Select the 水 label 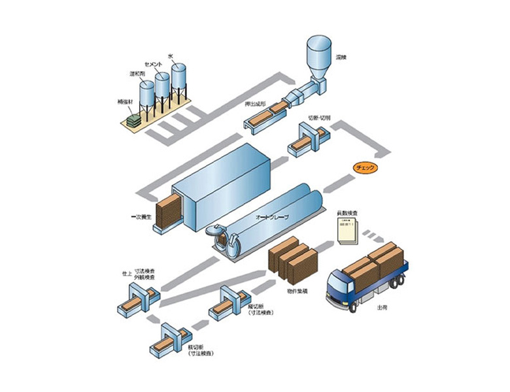click(x=171, y=57)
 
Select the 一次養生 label click(x=140, y=215)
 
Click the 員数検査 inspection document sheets click(x=346, y=232)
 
